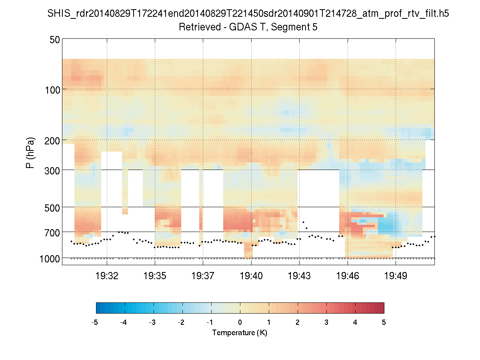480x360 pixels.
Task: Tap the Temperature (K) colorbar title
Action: click(x=240, y=333)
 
